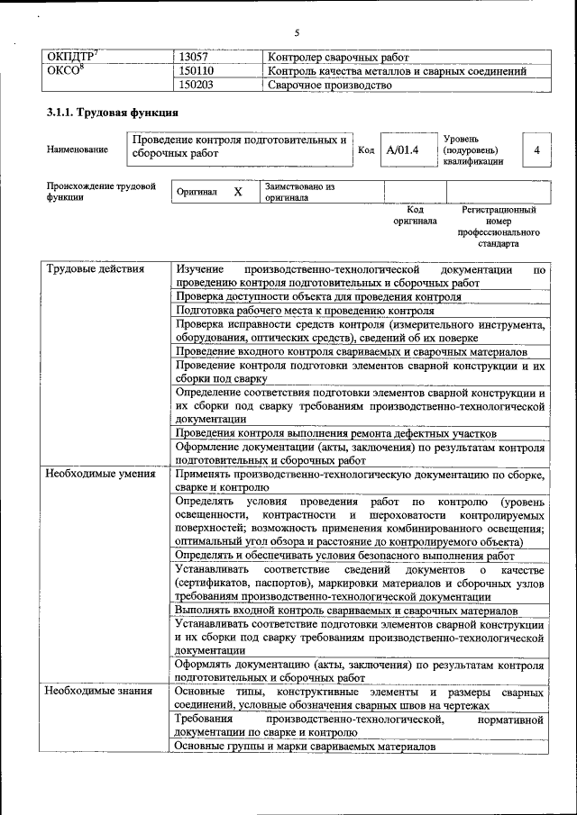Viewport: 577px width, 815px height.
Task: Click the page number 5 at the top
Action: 296,33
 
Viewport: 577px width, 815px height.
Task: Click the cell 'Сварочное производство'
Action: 329,86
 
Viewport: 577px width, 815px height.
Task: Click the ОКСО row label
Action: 65,71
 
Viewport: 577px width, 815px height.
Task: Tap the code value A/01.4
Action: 402,149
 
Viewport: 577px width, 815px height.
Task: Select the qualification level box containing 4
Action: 536,149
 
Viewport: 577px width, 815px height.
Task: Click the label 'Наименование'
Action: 77,149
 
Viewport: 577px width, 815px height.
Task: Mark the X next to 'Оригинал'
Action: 238,193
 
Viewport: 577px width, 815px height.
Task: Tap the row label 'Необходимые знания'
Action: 98,691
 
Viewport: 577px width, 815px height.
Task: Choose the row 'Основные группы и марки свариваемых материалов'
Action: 306,746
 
